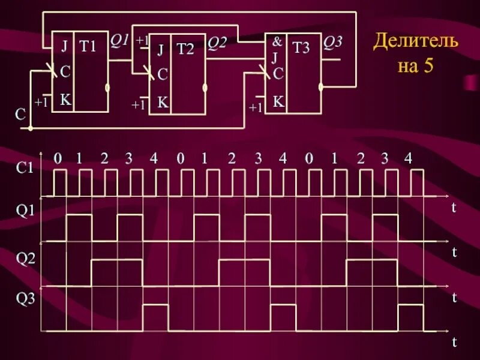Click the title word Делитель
tap(416, 43)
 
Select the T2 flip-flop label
tap(185, 49)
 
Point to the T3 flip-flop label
tap(301, 48)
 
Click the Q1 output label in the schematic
tap(119, 40)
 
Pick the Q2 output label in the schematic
tap(217, 43)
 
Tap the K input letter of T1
tap(65, 100)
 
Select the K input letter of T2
tap(162, 102)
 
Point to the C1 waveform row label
tap(25, 169)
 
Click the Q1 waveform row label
tap(25, 210)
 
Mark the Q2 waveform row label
tap(25, 259)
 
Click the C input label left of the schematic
tap(20, 115)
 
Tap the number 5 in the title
tap(428, 65)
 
